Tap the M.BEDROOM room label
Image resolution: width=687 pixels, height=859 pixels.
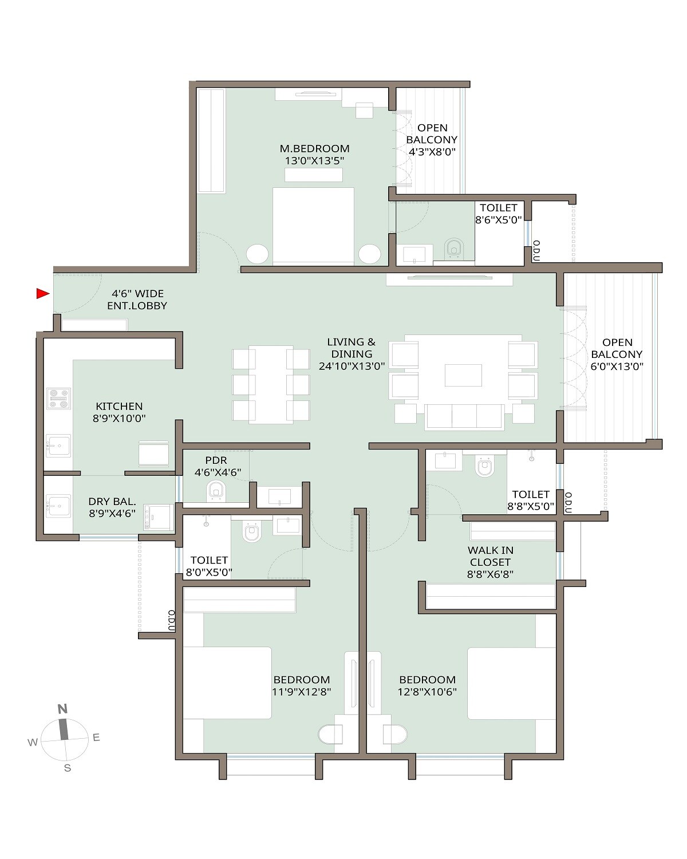[x=314, y=149]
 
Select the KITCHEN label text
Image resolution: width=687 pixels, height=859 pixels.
[x=119, y=407]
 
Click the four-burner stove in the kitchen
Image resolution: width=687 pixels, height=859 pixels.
[x=58, y=399]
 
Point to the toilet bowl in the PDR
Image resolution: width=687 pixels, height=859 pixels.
[x=216, y=491]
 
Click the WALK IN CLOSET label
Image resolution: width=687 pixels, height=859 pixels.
[x=491, y=557]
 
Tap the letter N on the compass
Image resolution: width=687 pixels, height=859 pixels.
[x=62, y=709]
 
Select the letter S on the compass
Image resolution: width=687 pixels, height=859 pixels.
[x=68, y=768]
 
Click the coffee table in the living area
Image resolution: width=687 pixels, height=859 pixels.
[x=463, y=376]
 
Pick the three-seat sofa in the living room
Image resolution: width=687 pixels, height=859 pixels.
[x=464, y=416]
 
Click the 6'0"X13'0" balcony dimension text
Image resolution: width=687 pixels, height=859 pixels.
[x=617, y=367]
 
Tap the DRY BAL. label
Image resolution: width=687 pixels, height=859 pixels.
[x=112, y=502]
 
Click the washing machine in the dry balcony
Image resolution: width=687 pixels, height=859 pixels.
[x=159, y=517]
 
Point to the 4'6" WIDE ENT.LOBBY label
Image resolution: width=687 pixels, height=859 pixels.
[x=137, y=300]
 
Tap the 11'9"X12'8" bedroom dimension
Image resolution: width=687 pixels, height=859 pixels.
[x=302, y=692]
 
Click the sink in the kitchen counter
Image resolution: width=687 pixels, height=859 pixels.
[x=58, y=446]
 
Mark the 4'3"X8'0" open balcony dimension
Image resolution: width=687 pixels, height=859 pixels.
[x=432, y=152]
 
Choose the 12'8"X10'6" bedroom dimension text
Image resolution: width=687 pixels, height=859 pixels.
[x=428, y=692]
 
